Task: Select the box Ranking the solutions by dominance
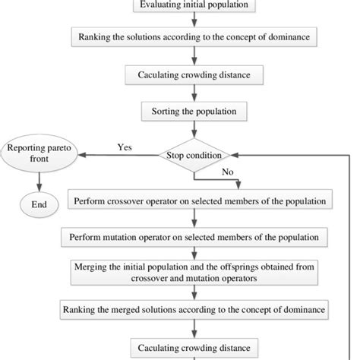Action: click(x=196, y=36)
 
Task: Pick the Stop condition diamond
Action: click(x=195, y=156)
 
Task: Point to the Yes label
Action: click(x=125, y=147)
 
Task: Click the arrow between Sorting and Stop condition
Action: click(x=196, y=134)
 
